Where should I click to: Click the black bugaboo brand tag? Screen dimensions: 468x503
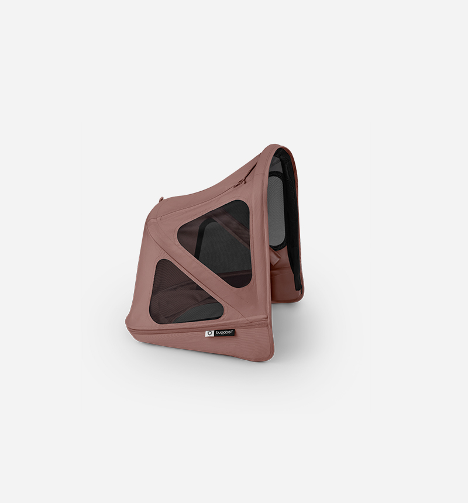(x=220, y=333)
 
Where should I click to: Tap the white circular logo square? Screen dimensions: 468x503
(x=209, y=334)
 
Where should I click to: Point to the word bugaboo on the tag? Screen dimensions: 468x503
(x=224, y=333)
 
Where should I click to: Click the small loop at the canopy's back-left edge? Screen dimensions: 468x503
(x=161, y=199)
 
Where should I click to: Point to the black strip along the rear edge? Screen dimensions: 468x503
(x=294, y=221)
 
